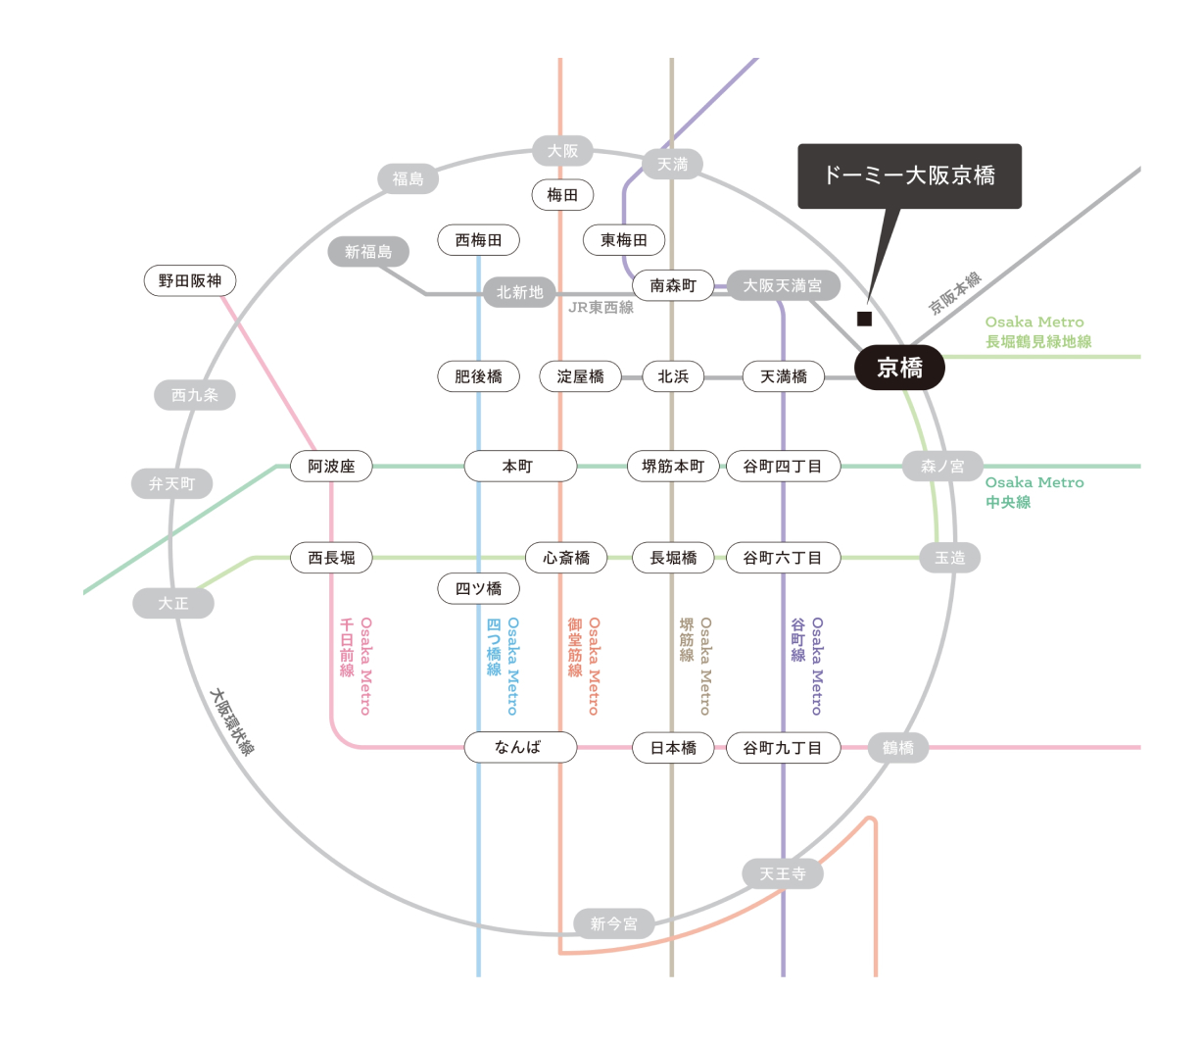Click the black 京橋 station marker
tap(899, 368)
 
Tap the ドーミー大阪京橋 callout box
tap(909, 175)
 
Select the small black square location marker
tap(864, 319)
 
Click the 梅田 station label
tap(562, 194)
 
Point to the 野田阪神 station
tap(190, 280)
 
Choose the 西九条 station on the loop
tap(195, 394)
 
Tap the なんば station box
tap(520, 747)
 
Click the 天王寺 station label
tap(783, 873)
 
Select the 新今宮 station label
tap(614, 923)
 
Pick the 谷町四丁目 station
tap(783, 467)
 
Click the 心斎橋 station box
tap(566, 557)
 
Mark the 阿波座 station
tap(331, 467)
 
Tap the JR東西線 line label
tap(601, 308)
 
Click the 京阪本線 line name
tap(955, 293)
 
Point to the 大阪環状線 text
tap(232, 722)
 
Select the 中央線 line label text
tap(1008, 502)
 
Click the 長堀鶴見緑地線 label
tap(1038, 341)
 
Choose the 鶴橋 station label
tap(897, 747)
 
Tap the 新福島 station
tap(368, 252)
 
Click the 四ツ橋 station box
tap(478, 588)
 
